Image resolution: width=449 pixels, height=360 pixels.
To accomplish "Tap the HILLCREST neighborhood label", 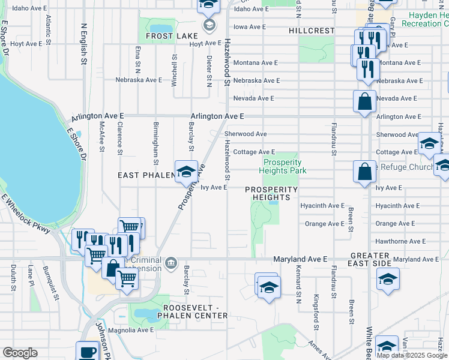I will pos(311,31).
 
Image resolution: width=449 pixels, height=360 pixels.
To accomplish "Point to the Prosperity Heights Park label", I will pos(282,166).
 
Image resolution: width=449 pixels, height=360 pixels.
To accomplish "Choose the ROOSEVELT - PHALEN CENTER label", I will pos(194,311).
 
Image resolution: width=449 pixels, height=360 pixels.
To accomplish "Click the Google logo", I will pos(20,353).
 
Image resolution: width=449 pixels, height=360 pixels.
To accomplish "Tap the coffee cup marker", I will pos(88,351).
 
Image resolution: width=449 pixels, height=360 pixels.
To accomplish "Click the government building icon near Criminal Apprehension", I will pos(172,263).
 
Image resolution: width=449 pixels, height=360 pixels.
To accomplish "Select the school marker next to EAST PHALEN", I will pos(186,171).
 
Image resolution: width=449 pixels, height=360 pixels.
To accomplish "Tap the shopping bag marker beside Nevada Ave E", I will pos(364,101).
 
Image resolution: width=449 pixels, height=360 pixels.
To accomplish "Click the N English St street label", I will pos(83,45).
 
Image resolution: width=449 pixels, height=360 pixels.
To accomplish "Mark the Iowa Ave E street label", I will pos(249,27).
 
